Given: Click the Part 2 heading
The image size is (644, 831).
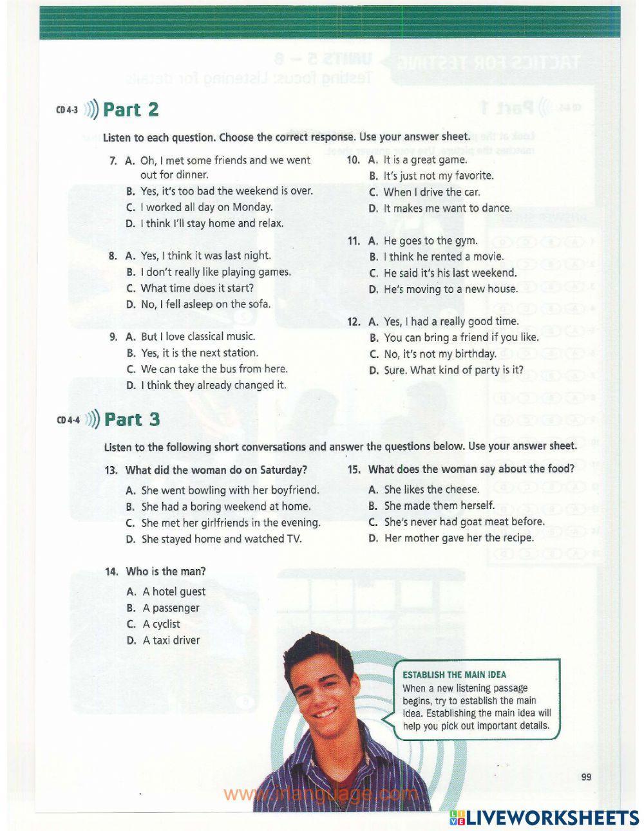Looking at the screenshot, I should tap(131, 109).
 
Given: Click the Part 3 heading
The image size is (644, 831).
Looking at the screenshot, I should tap(132, 420).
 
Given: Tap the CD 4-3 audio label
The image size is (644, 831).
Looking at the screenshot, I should tap(67, 110).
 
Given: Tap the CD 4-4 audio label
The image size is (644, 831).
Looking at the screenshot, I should tap(68, 420).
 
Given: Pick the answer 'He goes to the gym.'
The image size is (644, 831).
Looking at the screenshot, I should tap(430, 241).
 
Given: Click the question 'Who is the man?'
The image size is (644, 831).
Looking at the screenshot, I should tap(166, 572).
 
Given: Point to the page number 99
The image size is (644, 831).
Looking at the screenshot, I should tap(585, 777).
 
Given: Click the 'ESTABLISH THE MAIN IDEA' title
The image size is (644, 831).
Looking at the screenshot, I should tap(454, 675).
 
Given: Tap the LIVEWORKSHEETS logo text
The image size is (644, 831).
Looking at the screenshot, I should tap(553, 817).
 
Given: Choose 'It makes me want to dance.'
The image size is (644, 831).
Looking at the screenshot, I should tap(448, 209).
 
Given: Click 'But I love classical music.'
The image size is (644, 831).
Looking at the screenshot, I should tap(198, 337).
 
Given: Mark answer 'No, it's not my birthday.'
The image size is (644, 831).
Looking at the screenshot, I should tap(440, 354).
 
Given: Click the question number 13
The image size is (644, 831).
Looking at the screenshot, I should tap(111, 470).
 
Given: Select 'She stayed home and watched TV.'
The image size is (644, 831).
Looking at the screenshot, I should tap(222, 539).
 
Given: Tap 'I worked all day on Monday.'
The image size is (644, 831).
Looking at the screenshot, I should tap(206, 207).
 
